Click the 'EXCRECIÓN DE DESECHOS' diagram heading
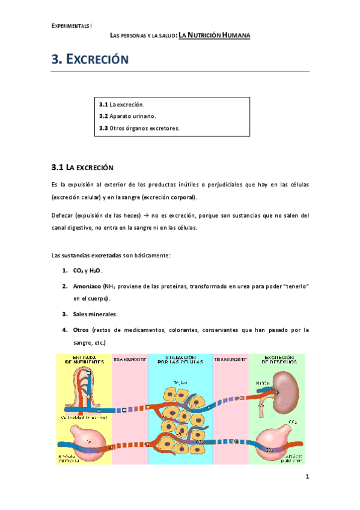click(276, 360)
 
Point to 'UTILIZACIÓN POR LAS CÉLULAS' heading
click(180, 360)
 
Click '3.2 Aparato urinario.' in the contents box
click(127, 115)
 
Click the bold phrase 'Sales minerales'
click(95, 314)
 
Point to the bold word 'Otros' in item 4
click(81, 330)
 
